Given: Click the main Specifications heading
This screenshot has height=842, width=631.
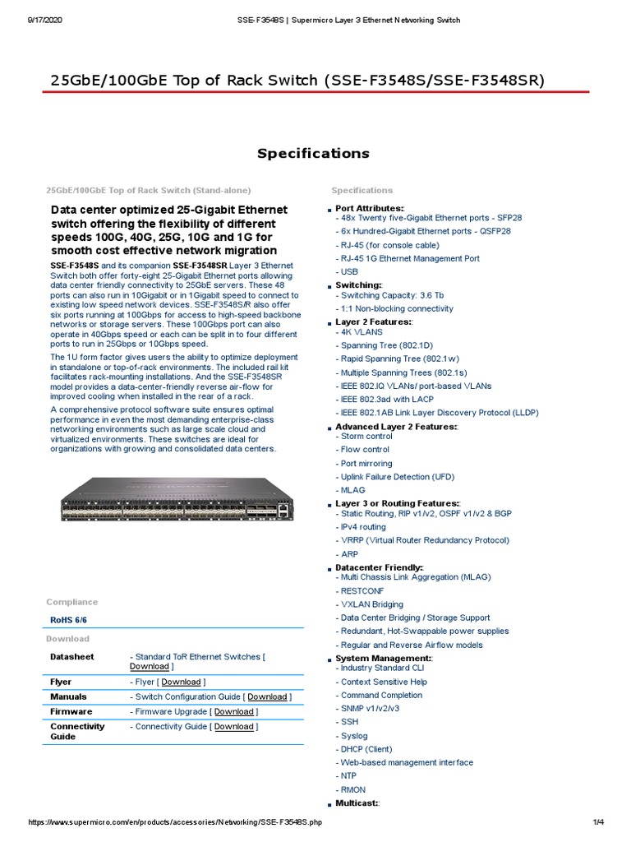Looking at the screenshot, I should click(313, 153).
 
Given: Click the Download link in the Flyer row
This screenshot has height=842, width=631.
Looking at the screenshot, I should click(181, 682).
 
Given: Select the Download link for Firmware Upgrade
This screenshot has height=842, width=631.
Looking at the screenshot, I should click(234, 711).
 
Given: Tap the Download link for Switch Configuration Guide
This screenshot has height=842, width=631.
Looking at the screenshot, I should click(268, 696).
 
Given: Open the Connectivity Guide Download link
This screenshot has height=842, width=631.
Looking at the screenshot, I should click(234, 726).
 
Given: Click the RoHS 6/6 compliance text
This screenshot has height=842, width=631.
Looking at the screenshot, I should click(69, 620).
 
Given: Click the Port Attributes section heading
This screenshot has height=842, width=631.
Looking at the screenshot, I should click(370, 208).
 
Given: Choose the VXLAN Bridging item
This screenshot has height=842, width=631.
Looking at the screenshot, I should click(371, 604).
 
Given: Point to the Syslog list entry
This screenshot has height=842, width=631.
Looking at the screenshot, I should click(354, 736).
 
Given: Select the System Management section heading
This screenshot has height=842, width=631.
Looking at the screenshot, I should click(384, 659).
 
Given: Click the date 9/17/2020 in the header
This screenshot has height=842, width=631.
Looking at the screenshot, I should click(45, 20).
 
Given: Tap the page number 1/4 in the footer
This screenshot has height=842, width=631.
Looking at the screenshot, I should click(597, 822).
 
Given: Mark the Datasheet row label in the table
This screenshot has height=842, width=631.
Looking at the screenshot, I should click(72, 657).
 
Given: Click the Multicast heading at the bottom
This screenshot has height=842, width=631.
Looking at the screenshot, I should click(357, 803).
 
